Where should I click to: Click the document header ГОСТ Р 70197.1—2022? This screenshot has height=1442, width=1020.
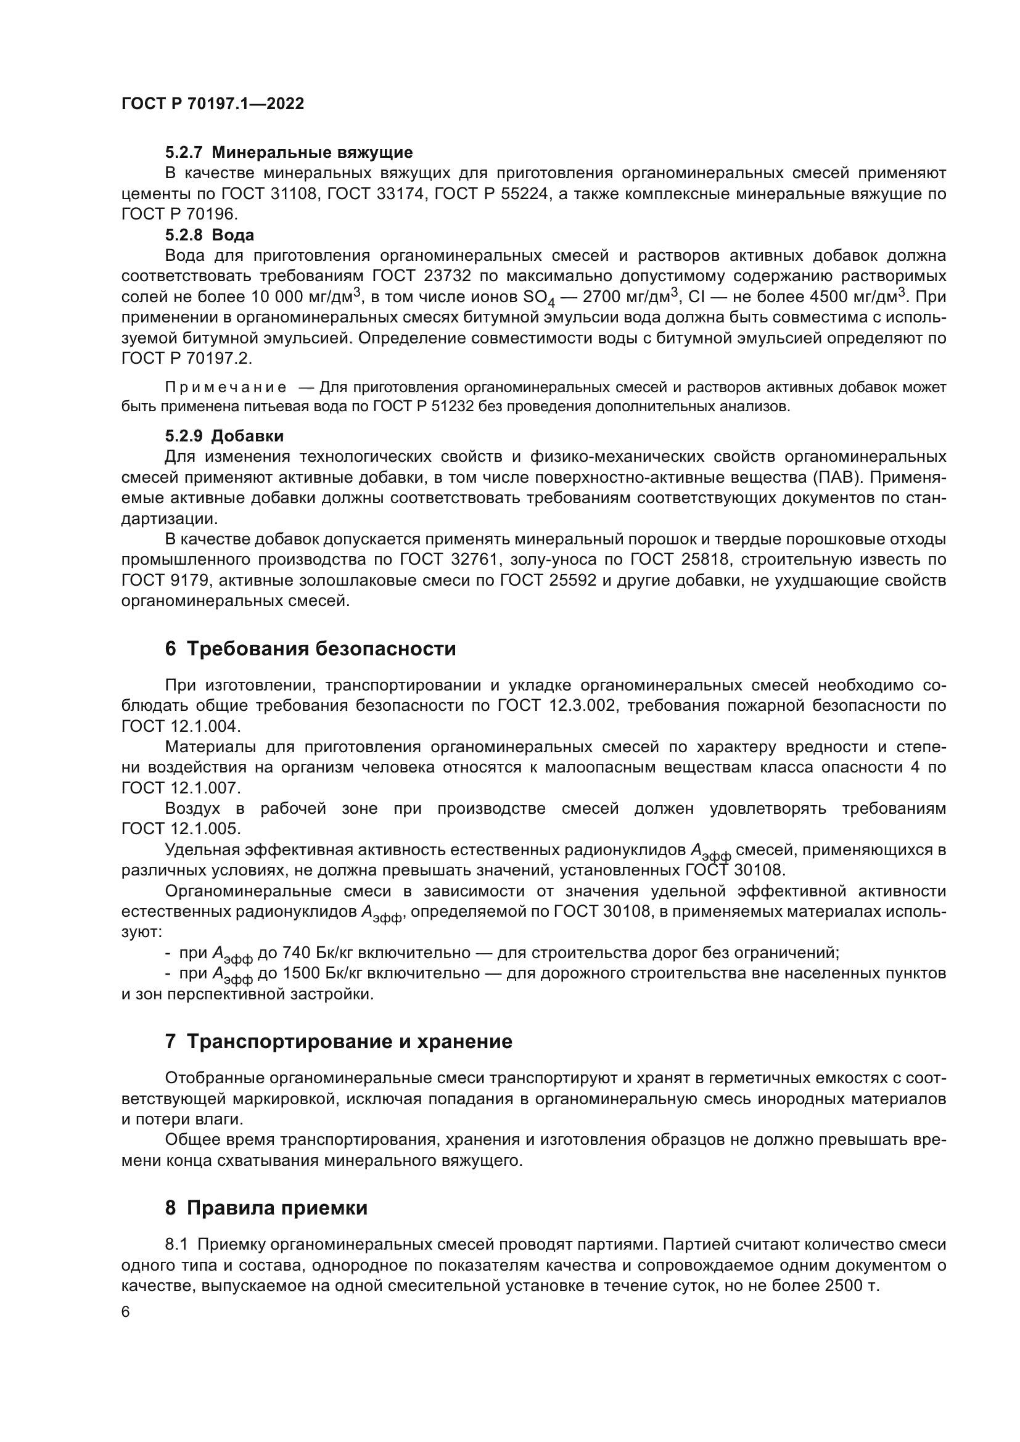click(x=212, y=104)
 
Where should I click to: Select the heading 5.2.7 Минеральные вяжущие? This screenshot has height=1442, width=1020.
click(x=289, y=152)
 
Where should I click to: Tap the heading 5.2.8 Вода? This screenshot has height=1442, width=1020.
click(x=210, y=235)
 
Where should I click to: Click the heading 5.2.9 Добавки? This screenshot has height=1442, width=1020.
click(x=224, y=436)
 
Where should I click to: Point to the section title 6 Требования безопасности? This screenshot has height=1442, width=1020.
click(x=310, y=648)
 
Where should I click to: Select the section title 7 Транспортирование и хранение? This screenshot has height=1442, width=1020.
click(x=339, y=1041)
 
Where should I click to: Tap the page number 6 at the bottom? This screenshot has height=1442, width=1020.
click(x=126, y=1312)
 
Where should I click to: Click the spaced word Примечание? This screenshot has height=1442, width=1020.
click(x=226, y=388)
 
